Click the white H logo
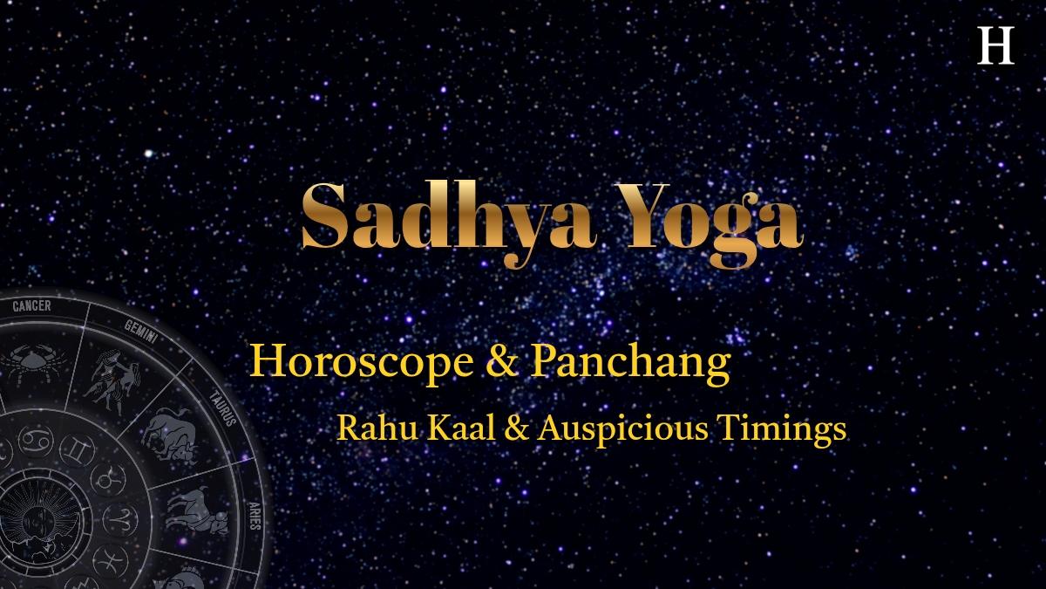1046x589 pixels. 995,45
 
